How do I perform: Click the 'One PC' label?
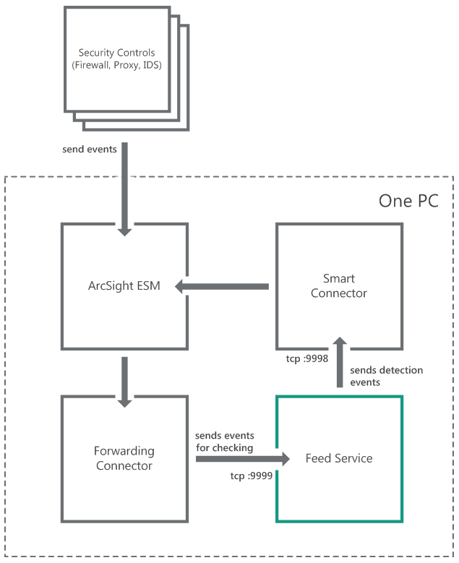[408, 201]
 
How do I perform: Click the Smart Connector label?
[338, 286]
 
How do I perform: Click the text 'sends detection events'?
[387, 376]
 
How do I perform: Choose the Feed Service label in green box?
[338, 458]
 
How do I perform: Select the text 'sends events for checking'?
[224, 442]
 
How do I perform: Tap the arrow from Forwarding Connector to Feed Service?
[242, 459]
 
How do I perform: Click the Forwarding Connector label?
[124, 459]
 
